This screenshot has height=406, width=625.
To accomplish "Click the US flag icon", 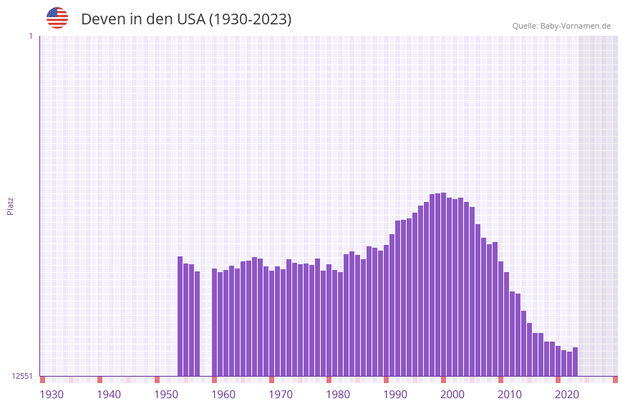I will coord(57,18).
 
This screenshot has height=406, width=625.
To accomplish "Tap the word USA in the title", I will coord(191,19).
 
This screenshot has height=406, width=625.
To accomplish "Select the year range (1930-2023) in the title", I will coord(250,19).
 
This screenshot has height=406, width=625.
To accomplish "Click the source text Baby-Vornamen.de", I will coord(575,26).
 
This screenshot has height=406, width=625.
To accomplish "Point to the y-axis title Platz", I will coord(10,206).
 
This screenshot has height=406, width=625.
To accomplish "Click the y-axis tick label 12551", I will coord(23,376).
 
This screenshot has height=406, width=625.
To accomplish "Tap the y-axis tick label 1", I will coord(30,36).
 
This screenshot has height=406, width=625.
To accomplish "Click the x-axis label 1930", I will coord(52,395).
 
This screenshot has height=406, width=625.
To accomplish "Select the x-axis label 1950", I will coord(166,395).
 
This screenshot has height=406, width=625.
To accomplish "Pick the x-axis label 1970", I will coord(281,395).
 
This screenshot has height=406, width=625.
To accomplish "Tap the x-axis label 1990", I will coord(395,395).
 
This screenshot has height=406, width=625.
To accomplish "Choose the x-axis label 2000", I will coord(452,395).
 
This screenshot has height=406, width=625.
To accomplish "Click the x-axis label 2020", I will coord(567,395).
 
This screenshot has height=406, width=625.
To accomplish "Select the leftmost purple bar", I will coord(180,316).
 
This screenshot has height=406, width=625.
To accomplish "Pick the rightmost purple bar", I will coord(575,362).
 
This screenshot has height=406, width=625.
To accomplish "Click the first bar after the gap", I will coord(214,322).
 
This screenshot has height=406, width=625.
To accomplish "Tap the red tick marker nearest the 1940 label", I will coord(100,380).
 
